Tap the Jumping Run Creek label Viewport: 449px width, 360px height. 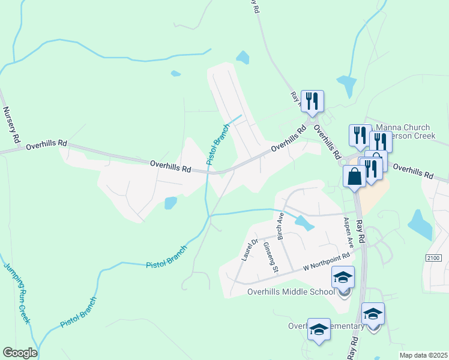(x=16, y=293)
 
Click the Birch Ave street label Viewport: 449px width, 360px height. (x=280, y=224)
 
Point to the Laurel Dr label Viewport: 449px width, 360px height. (x=250, y=250)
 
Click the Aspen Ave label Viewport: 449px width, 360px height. (x=348, y=232)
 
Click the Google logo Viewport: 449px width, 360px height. (x=20, y=353)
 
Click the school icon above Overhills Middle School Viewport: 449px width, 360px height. (x=343, y=277)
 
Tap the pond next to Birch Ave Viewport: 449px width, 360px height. (x=304, y=223)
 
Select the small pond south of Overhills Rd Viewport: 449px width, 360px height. (x=170, y=203)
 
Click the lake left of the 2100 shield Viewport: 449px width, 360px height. (x=420, y=225)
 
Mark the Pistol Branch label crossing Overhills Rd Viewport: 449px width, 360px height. (x=218, y=145)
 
